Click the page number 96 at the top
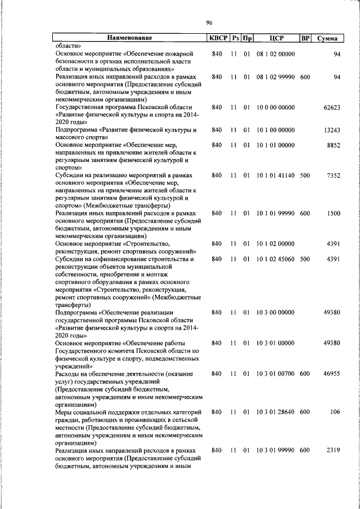[x=209, y=22]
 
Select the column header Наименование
[x=130, y=38]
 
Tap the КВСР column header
[x=218, y=38]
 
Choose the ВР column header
[x=305, y=38]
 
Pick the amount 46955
[x=331, y=373]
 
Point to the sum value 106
[x=335, y=412]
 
